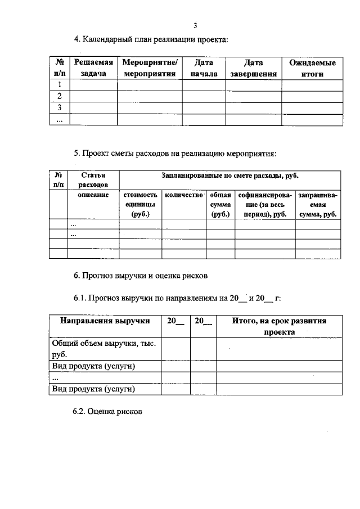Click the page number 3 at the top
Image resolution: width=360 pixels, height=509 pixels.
(195, 25)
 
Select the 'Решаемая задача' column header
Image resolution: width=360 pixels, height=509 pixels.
(93, 69)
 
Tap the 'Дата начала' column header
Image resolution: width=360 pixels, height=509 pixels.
(204, 69)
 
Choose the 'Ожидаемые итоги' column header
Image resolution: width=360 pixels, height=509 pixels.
(312, 69)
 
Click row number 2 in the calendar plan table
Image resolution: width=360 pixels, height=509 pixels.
(58, 96)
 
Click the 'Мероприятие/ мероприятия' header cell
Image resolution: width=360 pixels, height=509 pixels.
(150, 69)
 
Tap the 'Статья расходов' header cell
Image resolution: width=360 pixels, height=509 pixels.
(93, 180)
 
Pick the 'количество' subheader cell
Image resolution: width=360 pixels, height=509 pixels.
(183, 195)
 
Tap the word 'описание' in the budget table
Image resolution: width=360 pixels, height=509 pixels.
(93, 195)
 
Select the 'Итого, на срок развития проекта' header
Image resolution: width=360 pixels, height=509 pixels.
(279, 326)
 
